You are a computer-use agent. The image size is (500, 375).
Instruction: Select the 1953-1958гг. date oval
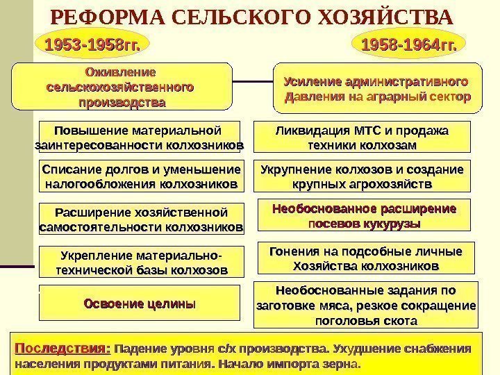pos(92,46)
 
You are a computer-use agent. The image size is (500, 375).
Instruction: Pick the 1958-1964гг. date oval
pos(410,46)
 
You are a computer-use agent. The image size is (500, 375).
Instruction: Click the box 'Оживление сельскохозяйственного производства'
pos(119,87)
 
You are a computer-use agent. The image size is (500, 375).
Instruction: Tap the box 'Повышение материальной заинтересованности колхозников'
pos(139,137)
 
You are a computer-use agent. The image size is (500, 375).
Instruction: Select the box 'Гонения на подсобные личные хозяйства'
pos(366,258)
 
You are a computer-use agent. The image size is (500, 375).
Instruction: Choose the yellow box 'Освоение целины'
pos(139,303)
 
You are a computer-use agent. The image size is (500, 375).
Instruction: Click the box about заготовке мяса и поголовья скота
pos(366,305)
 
